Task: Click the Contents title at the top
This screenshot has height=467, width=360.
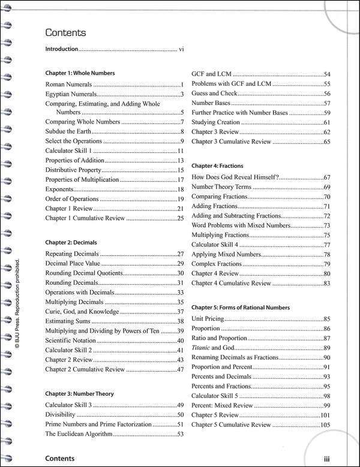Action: coord(65,33)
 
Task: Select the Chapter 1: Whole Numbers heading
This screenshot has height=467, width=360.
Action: coord(80,73)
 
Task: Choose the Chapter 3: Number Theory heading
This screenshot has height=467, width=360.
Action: coord(79,394)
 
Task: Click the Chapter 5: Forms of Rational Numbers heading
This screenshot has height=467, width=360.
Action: coord(248,307)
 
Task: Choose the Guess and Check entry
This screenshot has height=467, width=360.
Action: coord(214,94)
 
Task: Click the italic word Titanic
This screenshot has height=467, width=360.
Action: coord(202,348)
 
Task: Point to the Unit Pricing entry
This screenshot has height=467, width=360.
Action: coord(206,319)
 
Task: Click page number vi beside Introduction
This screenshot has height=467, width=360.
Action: coord(181,49)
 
